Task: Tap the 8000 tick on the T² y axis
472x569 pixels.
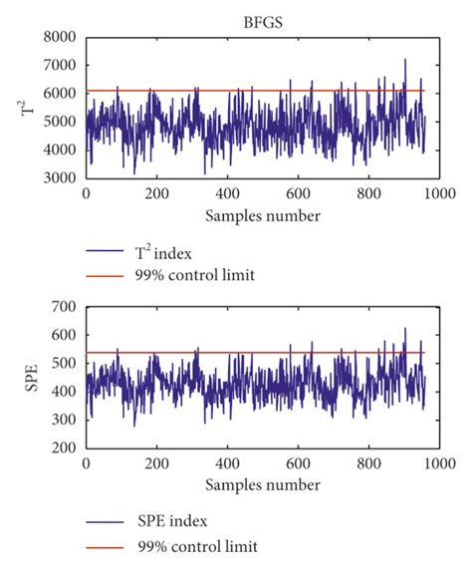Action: pos(62,37)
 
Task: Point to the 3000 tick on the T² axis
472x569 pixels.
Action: pos(62,177)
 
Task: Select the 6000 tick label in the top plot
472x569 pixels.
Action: pos(62,93)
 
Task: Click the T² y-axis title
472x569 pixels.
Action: pos(28,107)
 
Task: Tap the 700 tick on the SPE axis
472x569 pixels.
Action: pos(66,309)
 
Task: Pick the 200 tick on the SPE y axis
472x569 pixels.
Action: pos(66,449)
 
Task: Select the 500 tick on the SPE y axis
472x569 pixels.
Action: pos(66,365)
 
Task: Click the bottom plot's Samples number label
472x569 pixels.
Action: pos(263,484)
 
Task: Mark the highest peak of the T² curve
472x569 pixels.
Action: pos(405,59)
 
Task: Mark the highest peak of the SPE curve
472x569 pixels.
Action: pos(405,328)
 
